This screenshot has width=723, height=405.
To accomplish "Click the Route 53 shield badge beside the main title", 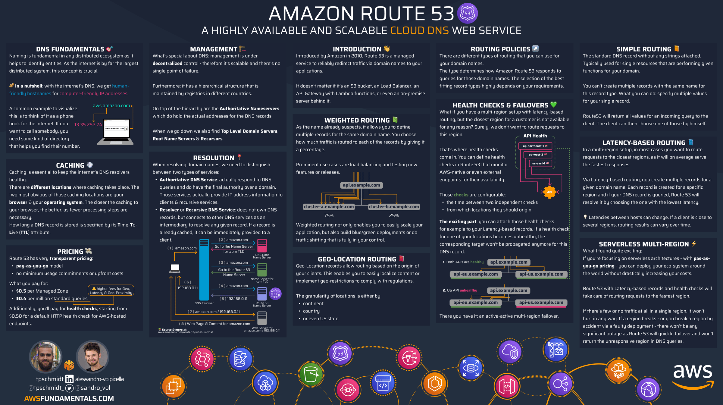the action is [467, 13].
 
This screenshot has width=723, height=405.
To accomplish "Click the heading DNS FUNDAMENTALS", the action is [70, 49].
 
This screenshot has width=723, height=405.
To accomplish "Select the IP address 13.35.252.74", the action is [88, 125].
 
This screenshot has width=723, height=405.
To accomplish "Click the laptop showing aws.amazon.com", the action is [115, 132].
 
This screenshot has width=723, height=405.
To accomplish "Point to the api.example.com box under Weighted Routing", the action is [361, 185].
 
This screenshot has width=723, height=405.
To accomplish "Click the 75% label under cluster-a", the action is [329, 215].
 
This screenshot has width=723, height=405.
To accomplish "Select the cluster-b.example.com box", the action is [394, 207].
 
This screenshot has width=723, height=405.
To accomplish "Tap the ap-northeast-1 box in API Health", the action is [535, 146].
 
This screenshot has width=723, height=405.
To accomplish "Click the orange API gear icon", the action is [549, 192].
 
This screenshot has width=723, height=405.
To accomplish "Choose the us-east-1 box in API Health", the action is [540, 163].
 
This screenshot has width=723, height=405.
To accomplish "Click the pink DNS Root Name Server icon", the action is [262, 246].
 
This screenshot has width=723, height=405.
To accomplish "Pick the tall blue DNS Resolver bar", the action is [204, 270].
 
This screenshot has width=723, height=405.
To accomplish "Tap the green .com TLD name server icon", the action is [262, 270].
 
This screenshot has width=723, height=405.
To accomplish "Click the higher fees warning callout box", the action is [111, 290].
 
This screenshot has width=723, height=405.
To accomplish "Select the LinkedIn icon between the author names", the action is [69, 379].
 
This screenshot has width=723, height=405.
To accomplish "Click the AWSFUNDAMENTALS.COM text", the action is [69, 398].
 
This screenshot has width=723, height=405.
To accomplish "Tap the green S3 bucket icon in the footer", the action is [311, 374].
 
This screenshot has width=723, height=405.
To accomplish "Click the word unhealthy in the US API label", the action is [468, 290].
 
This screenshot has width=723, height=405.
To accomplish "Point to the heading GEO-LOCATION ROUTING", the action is [357, 259].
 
